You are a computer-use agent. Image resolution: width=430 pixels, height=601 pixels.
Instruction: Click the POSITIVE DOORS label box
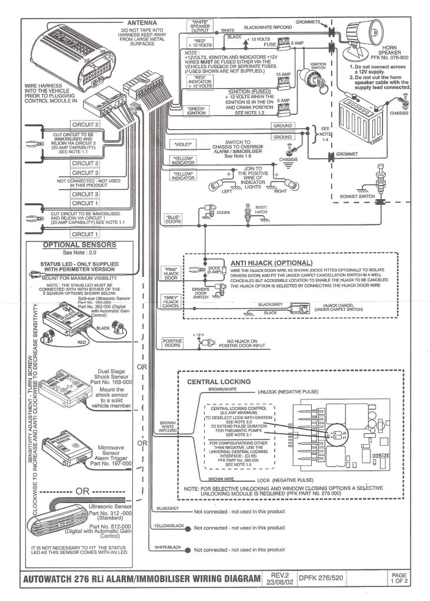173,343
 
